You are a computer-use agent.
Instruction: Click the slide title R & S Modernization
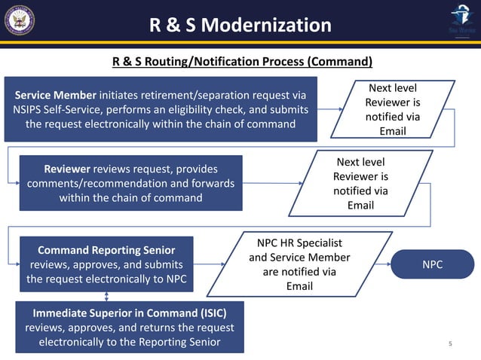tap(240, 25)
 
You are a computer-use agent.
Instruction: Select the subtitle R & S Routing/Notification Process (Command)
tap(242, 61)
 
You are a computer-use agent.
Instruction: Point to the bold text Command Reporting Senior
tap(106, 249)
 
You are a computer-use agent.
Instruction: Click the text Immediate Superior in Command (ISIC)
tap(129, 312)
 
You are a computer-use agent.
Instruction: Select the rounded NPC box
tap(432, 265)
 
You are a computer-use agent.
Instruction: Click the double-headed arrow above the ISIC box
tap(107, 296)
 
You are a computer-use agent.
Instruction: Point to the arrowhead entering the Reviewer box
tap(15, 182)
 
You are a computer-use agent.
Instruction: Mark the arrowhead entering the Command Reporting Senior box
tap(15, 264)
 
